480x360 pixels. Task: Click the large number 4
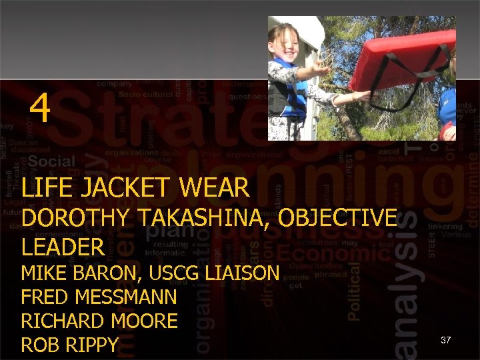(x=40, y=108)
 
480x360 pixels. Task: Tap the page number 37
(x=446, y=340)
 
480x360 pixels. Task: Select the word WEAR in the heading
(x=214, y=188)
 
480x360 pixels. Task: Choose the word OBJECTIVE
(x=340, y=218)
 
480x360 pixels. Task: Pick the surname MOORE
(x=145, y=321)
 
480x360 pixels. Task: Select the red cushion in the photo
(x=400, y=60)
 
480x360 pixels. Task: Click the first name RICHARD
(x=63, y=321)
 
